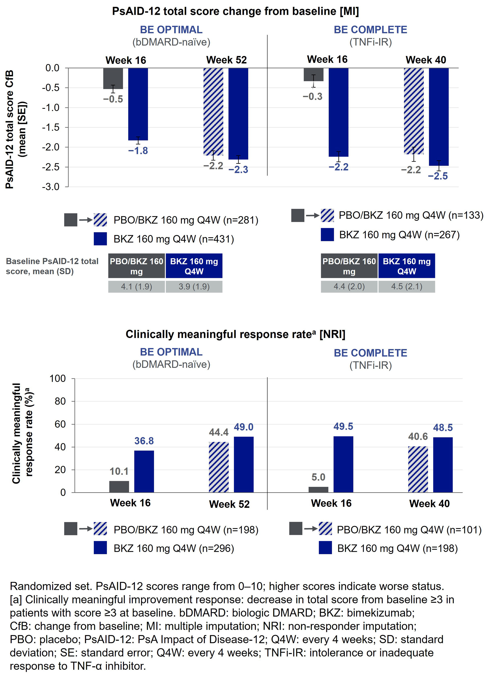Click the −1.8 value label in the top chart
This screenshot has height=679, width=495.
138,151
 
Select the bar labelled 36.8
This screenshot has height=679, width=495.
144,471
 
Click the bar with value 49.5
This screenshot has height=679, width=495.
343,464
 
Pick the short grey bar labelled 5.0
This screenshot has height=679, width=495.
318,490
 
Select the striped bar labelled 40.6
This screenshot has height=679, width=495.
418,470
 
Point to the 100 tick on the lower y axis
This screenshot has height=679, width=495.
57,379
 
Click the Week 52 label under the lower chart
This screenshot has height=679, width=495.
229,504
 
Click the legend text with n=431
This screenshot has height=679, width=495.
173,239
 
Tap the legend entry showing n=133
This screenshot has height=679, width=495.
411,215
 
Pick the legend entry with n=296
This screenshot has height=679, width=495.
173,548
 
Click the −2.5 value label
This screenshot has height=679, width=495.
438,176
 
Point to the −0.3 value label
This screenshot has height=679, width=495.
313,97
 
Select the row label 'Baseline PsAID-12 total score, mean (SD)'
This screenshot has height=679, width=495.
52,266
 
